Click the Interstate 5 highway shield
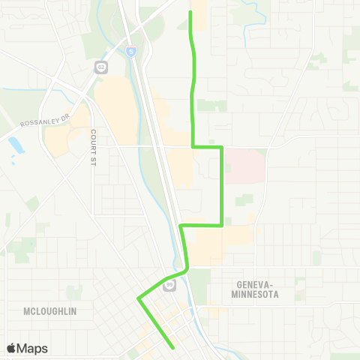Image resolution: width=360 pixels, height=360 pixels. click(132, 52)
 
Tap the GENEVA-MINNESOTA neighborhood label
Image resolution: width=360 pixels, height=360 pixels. click(247, 289)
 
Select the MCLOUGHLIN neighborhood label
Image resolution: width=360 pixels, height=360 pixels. click(50, 310)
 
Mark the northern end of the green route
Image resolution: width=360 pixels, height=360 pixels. click(190, 12)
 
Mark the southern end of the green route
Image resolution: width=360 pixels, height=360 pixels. click(174, 347)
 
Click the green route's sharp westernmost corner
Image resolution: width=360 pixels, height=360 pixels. click(138, 298)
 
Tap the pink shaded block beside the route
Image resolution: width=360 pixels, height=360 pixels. click(244, 166)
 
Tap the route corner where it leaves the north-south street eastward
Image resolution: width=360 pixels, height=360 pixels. click(193, 148)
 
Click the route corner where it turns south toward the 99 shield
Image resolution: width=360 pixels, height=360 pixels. click(181, 225)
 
